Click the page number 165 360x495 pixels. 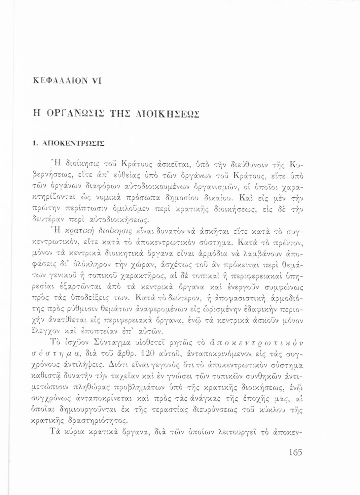tap(295, 452)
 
